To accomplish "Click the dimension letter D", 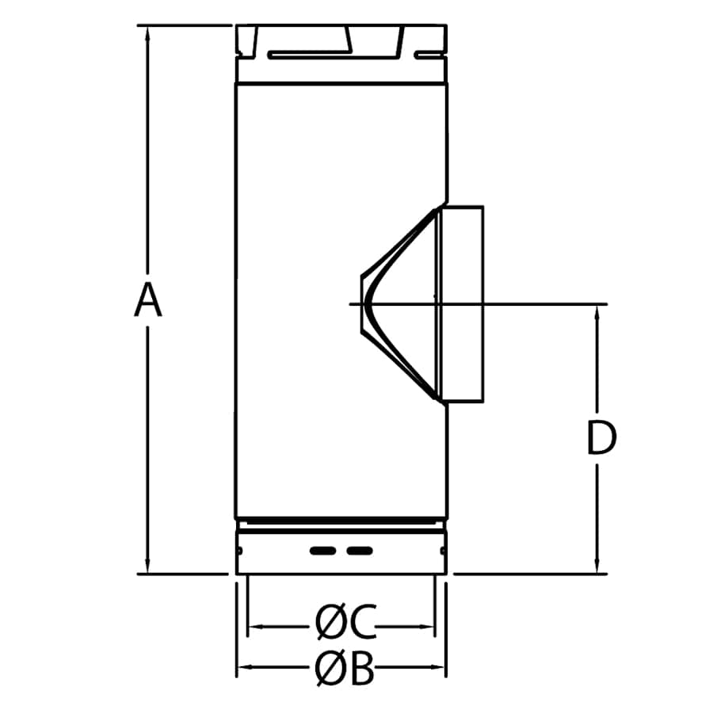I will point(601,438).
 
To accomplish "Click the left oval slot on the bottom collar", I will point(322,550).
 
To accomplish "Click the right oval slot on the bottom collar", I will point(359,550).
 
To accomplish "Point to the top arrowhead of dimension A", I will point(147,32).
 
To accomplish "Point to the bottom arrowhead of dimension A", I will point(147,567).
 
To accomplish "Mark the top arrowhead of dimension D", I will point(597,311).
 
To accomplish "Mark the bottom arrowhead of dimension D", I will point(597,567).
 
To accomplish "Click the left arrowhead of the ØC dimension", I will point(254,627).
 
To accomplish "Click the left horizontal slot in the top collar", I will point(307,55).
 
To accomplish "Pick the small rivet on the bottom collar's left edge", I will point(238,548).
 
